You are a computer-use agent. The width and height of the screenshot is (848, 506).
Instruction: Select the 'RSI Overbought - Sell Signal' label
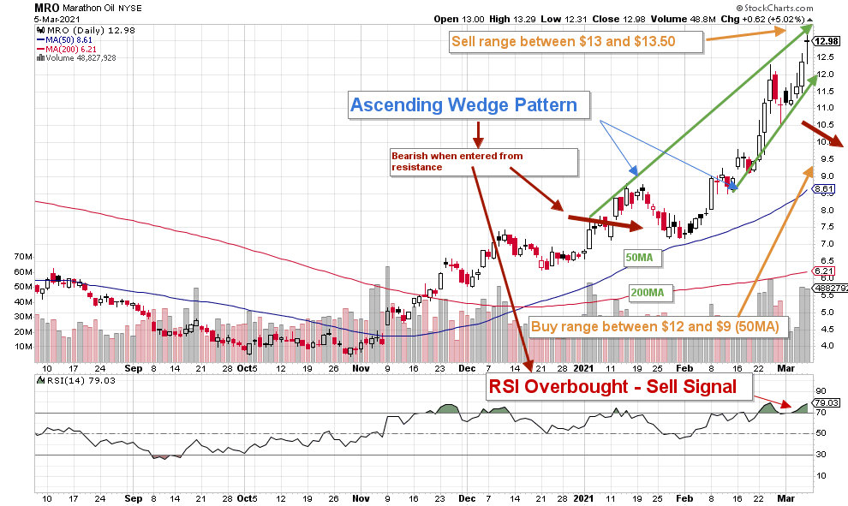coord(612,386)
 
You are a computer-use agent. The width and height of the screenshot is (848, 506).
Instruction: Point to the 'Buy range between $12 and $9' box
coord(660,326)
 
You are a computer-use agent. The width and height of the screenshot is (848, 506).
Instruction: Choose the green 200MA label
coord(649,292)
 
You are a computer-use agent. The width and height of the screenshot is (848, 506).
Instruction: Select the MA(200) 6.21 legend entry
coord(68,49)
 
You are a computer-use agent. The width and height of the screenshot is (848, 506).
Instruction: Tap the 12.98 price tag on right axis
coord(827,40)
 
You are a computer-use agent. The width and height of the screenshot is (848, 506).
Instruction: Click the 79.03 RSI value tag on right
coord(827,402)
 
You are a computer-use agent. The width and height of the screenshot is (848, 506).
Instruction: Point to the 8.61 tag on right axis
coord(825,188)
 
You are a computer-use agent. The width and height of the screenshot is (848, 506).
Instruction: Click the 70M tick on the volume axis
coord(22,256)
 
